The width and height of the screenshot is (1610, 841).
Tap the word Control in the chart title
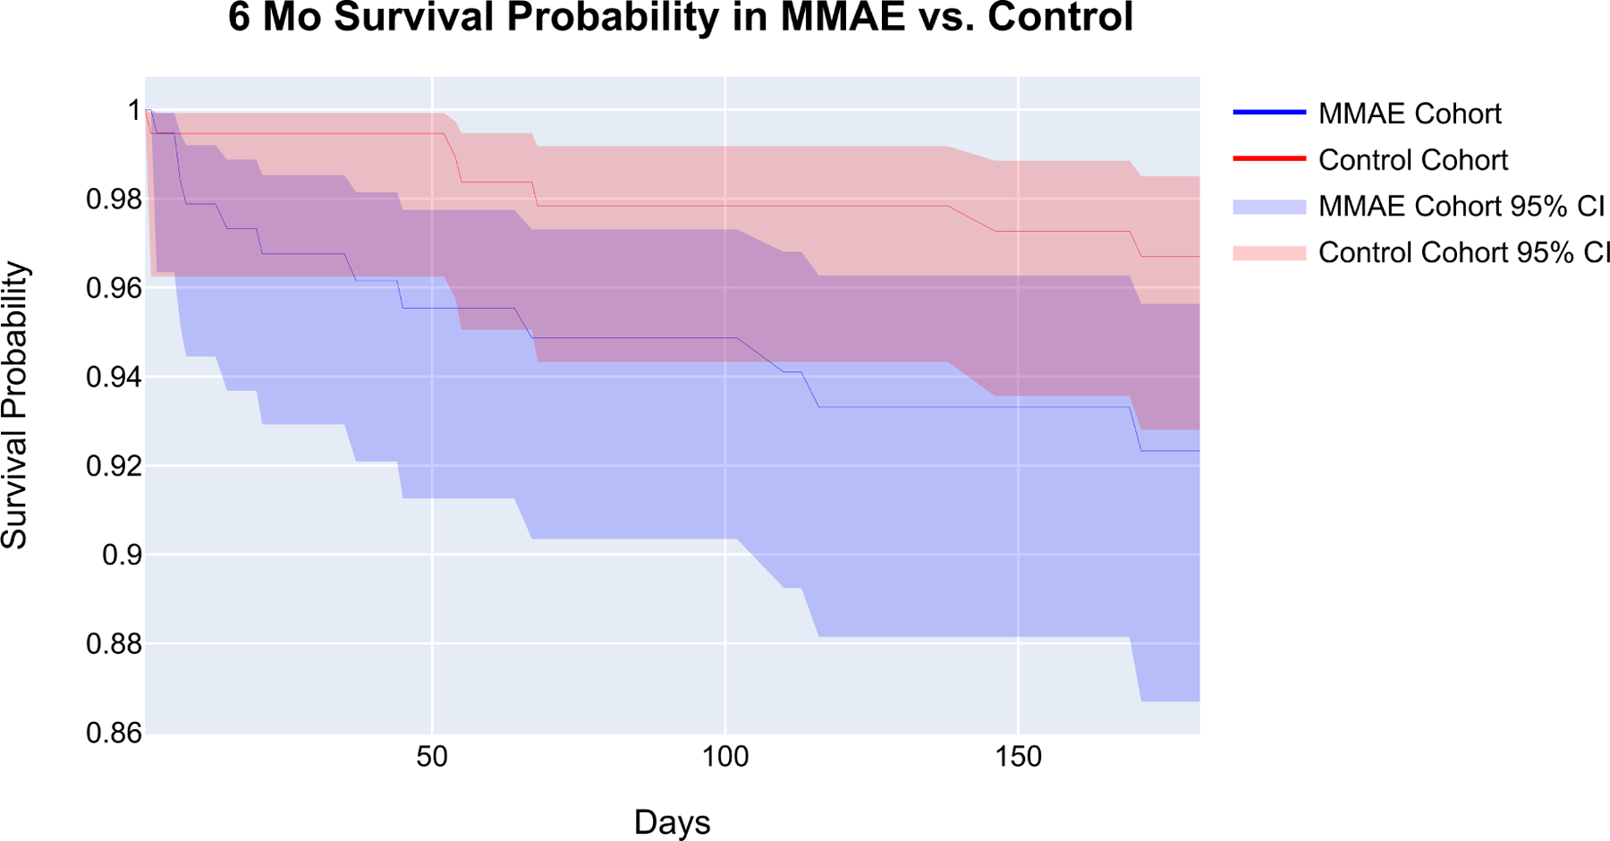[1060, 18]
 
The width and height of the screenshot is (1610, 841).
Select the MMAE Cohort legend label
[1409, 114]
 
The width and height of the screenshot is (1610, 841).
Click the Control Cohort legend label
[1412, 160]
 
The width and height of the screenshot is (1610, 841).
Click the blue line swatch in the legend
[1269, 113]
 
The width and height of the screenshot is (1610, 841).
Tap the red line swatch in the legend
[1269, 159]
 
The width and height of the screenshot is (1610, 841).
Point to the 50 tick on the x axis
[432, 757]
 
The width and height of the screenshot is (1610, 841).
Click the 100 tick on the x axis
[724, 757]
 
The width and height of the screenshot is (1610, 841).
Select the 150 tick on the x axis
[1018, 757]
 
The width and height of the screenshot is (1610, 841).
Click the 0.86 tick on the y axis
[114, 733]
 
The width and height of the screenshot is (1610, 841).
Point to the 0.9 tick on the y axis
[122, 555]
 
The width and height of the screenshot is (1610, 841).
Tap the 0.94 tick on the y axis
[114, 377]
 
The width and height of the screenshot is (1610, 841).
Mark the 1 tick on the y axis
[134, 110]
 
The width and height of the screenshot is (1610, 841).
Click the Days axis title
[672, 822]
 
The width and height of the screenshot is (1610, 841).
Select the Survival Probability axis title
[15, 404]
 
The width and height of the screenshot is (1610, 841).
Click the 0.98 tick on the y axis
[114, 199]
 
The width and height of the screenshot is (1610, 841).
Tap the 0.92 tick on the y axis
[114, 466]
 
